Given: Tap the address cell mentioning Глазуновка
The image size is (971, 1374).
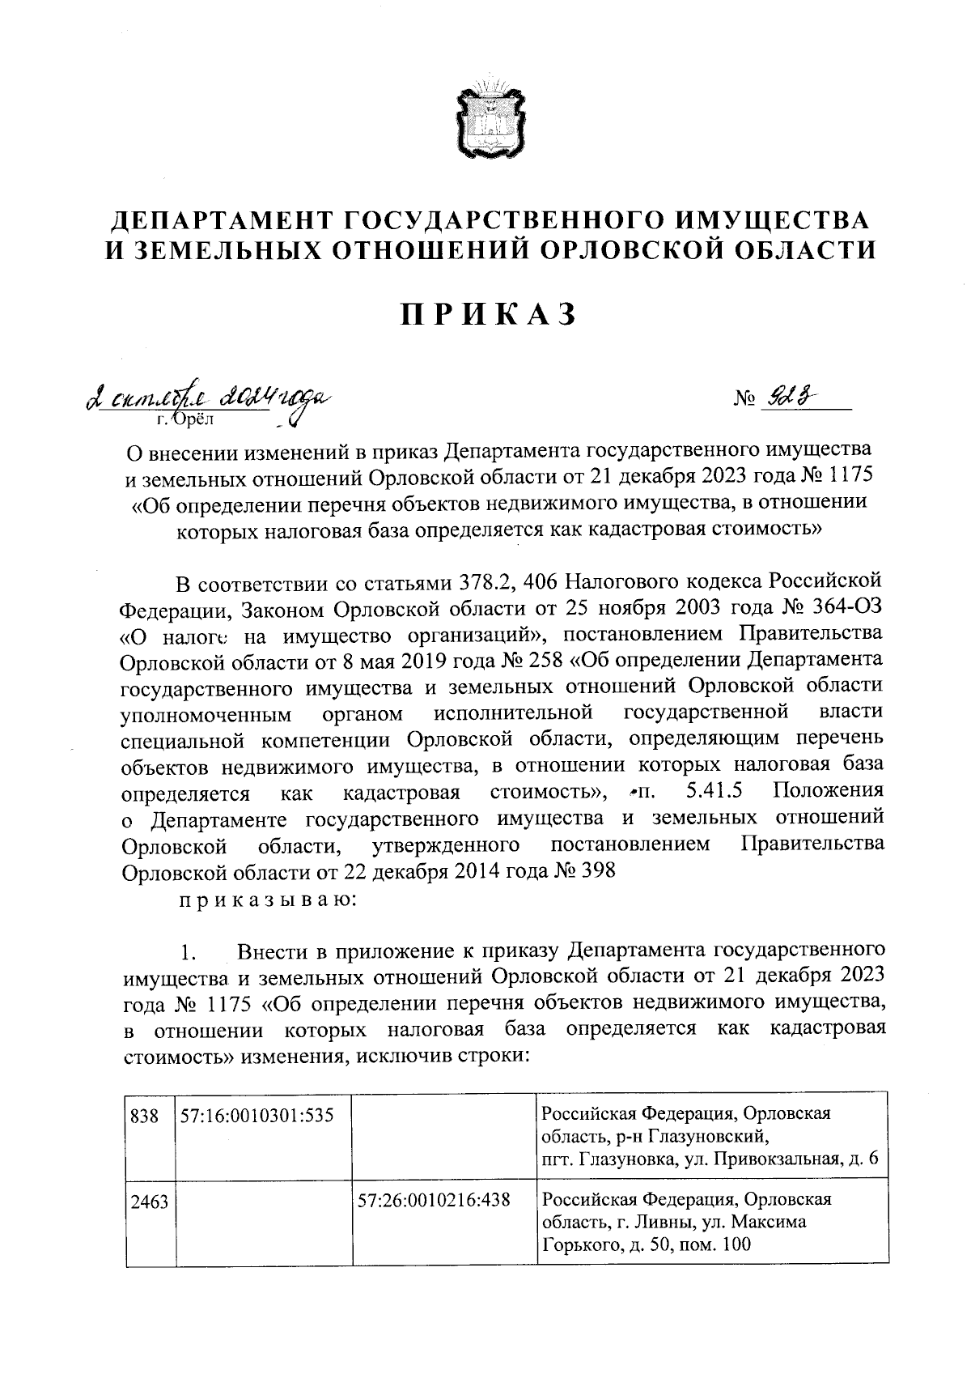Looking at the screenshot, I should pyautogui.click(x=709, y=1136).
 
